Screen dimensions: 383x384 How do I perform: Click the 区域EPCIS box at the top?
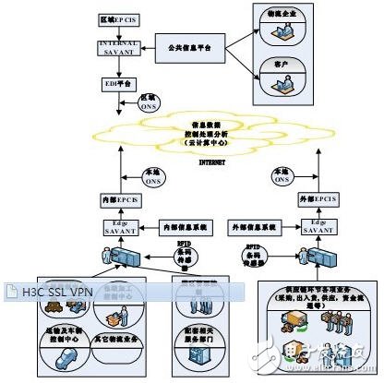[x=120, y=19]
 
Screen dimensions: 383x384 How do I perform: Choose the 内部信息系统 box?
[x=189, y=223]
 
